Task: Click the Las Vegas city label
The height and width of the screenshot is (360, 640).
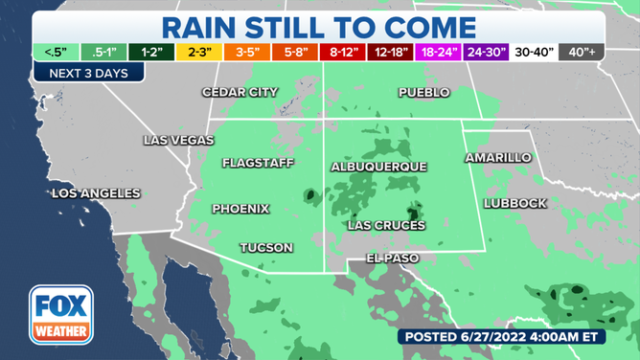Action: point(178,140)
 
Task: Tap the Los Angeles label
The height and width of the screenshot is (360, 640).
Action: point(95,193)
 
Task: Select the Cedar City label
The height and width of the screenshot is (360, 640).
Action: point(240,92)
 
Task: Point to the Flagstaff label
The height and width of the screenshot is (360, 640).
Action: point(258,163)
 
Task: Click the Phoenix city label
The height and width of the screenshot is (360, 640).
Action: point(240,209)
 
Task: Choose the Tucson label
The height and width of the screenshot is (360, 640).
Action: point(266,247)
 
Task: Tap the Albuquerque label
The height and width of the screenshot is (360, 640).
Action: point(378,167)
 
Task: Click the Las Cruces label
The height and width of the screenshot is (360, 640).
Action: point(386,225)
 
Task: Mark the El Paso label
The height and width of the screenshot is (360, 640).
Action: point(393,259)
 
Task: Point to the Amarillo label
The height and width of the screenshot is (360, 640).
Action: point(497,157)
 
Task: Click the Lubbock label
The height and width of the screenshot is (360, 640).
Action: point(514,203)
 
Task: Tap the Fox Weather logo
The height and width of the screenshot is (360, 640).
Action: point(60,315)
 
